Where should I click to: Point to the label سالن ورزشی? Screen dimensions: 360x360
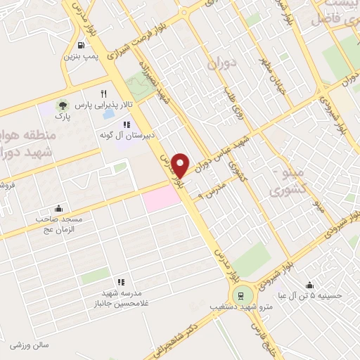(28, 345)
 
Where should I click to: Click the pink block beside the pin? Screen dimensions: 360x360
(161, 200)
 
